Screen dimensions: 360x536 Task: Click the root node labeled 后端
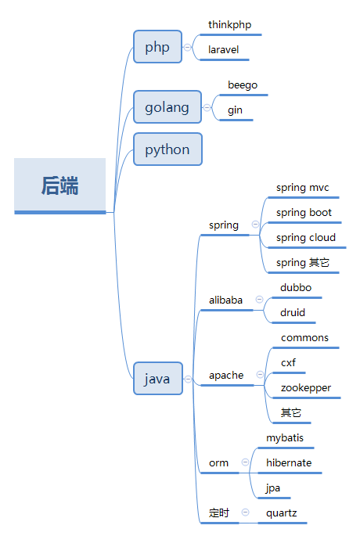59,185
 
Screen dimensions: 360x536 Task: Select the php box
157,46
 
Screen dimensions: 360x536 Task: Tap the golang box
167,107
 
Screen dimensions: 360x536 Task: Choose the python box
167,149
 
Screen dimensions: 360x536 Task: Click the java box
157,379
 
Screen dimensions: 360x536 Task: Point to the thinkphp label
230,25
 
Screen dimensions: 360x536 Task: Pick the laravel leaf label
224,50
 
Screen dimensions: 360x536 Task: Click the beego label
243,85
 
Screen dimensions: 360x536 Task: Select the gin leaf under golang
236,110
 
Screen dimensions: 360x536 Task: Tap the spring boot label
304,213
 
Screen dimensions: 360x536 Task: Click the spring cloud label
306,238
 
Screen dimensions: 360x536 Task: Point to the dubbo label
296,287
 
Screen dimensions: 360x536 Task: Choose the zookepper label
306,388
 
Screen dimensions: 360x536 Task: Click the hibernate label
289,463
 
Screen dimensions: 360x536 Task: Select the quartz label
282,513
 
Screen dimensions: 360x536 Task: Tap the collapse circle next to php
187,47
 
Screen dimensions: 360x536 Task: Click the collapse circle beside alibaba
260,300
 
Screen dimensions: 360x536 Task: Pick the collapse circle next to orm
245,462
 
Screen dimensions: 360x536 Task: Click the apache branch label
226,376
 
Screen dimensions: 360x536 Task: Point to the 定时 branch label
219,513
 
